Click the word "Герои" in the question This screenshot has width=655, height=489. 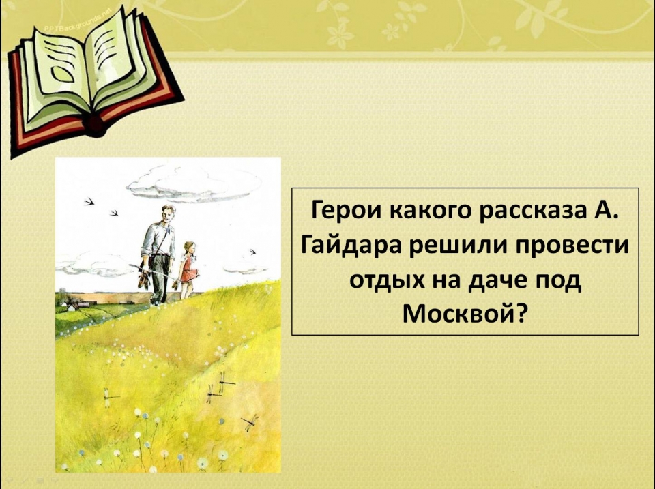347,210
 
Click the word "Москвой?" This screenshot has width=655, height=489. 464,314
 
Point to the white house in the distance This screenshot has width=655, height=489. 72,308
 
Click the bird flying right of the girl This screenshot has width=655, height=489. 252,252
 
